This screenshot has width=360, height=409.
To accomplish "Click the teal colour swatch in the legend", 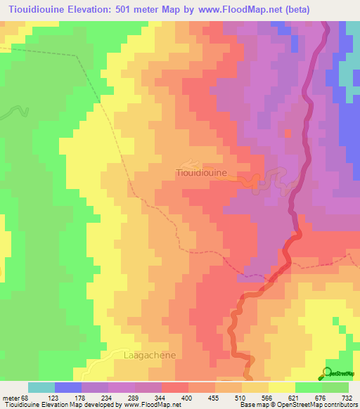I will point(41,388).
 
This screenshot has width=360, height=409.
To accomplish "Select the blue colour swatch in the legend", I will point(68,388).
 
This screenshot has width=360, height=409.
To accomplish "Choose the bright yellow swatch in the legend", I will point(281,388).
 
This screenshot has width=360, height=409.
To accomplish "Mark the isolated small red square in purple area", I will point(287,132).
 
